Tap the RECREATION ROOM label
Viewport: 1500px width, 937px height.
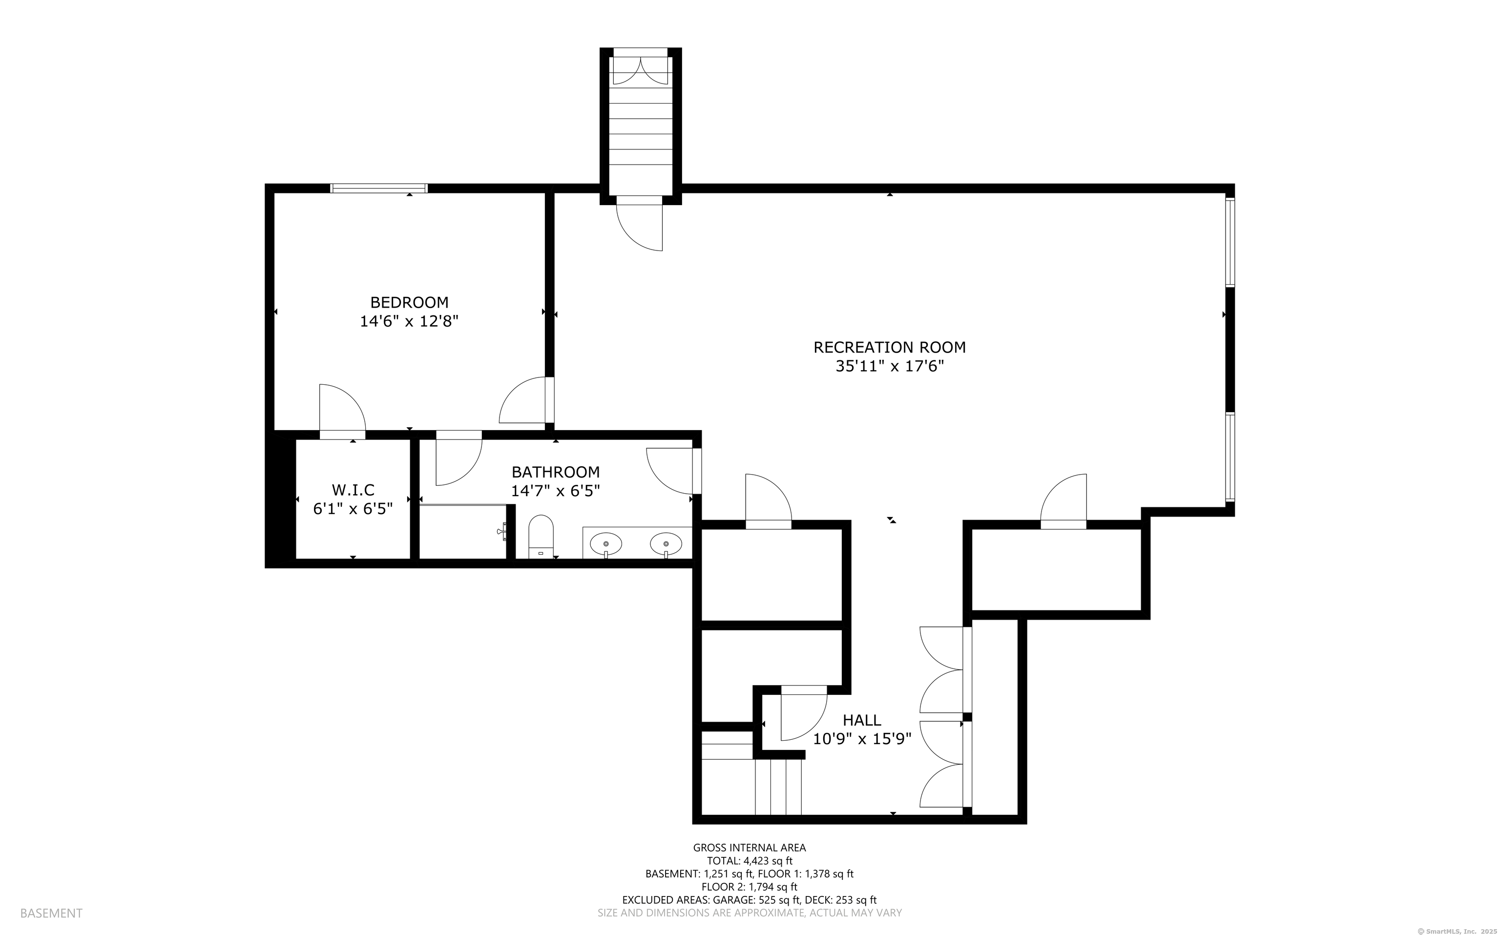889,347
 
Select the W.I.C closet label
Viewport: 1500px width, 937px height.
353,490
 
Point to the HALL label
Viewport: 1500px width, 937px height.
862,720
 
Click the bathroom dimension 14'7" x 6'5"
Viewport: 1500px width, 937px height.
555,491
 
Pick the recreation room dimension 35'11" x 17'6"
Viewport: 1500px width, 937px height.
889,366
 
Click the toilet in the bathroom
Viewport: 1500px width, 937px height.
541,537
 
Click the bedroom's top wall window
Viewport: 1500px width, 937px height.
378,188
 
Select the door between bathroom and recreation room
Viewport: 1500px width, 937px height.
673,471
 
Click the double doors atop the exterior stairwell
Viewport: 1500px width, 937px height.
641,70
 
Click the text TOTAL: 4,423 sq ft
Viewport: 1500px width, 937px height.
750,861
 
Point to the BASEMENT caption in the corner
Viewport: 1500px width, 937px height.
51,913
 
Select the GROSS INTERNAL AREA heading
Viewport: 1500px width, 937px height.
749,848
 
